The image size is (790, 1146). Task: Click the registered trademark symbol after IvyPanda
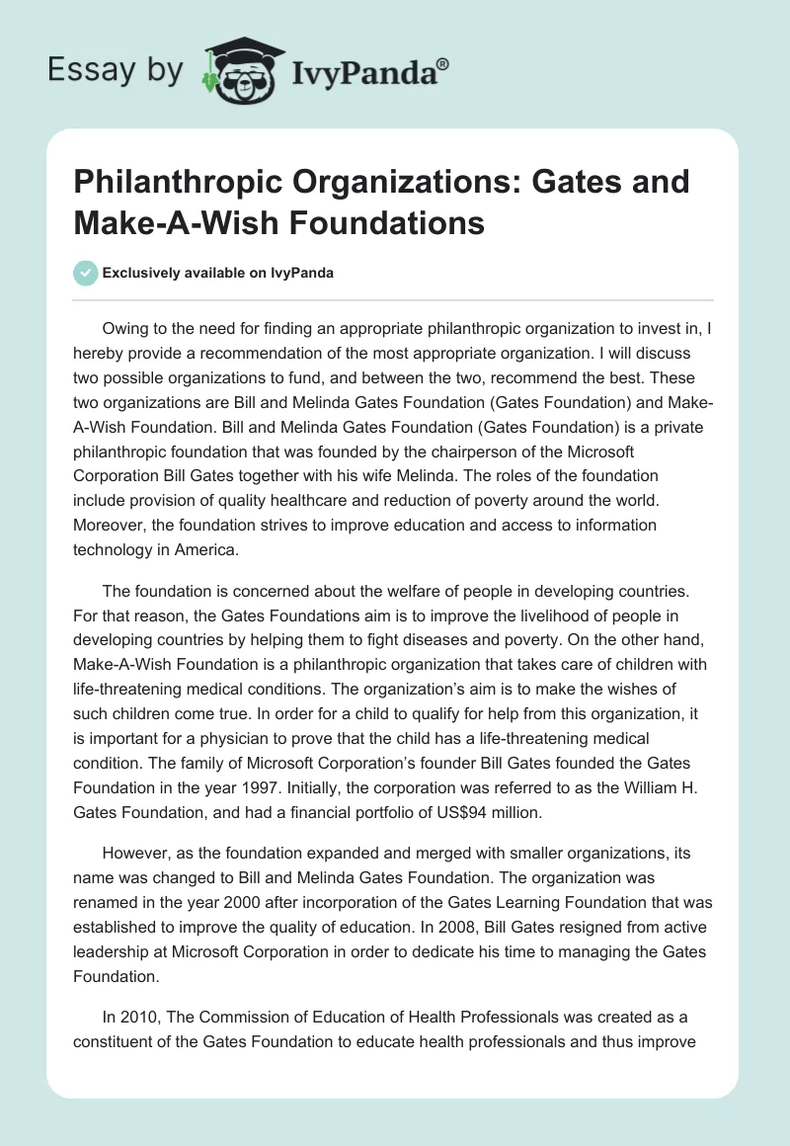click(443, 63)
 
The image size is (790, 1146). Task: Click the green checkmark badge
click(87, 273)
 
